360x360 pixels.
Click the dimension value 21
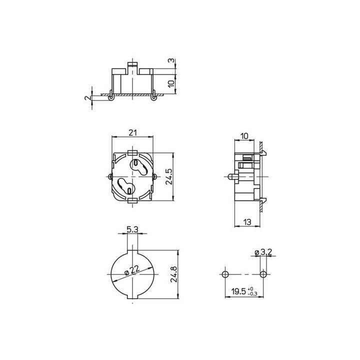(132, 132)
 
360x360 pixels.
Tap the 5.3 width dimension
(132, 229)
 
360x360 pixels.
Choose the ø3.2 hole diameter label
(263, 252)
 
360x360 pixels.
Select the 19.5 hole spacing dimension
(237, 291)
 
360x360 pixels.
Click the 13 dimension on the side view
(246, 221)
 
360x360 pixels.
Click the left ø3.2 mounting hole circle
(224, 274)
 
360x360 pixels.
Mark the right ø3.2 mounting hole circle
(263, 274)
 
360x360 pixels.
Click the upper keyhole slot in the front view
(136, 166)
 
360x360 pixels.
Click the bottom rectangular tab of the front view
(132, 200)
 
